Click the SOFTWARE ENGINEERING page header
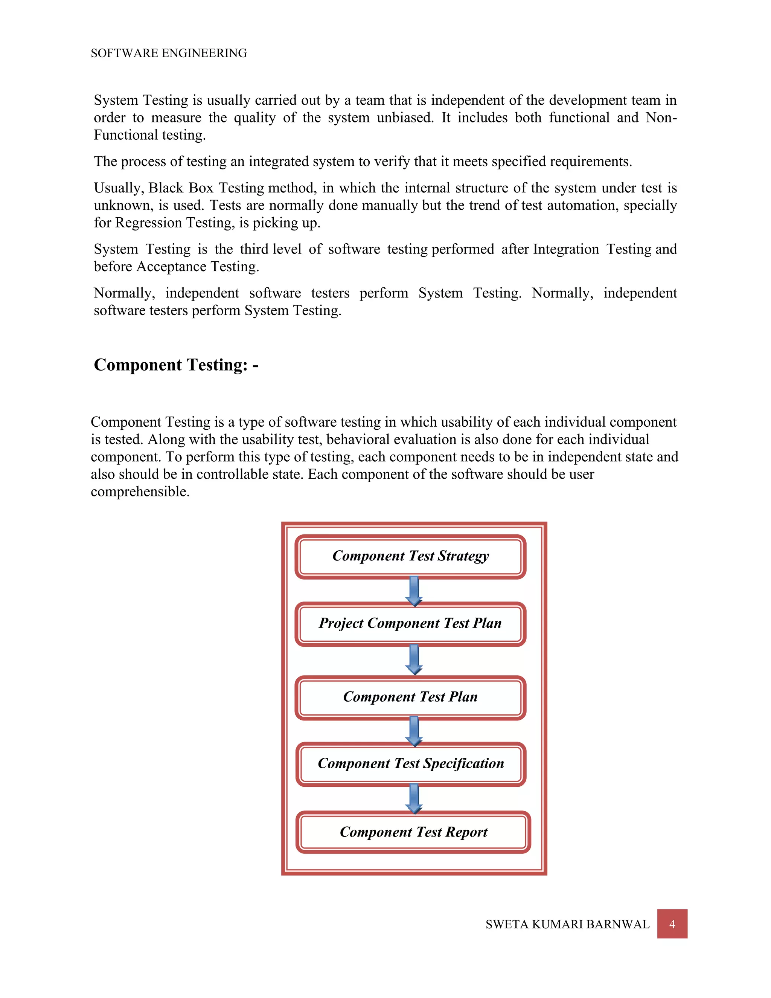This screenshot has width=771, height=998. (169, 53)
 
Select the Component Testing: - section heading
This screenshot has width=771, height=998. (176, 365)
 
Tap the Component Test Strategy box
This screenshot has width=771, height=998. (410, 556)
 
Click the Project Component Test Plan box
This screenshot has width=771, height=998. (410, 623)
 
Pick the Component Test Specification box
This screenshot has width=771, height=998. (410, 764)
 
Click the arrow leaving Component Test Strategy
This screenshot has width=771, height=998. (414, 591)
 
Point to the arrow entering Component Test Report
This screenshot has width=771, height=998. (414, 798)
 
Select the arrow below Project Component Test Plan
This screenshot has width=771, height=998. (414, 659)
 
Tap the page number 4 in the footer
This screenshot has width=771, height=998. (672, 924)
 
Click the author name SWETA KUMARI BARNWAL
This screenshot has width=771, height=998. (567, 925)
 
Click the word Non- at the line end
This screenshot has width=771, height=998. (661, 118)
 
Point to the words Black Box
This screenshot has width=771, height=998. (181, 188)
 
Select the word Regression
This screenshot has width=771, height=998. (148, 223)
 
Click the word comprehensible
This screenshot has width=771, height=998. (140, 492)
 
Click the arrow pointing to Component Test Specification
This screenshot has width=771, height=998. (414, 731)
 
